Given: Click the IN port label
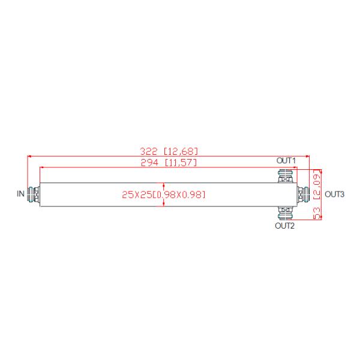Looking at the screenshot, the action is click(x=20, y=194).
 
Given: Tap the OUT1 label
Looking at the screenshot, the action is click(x=286, y=160).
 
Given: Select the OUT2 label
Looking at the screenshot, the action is click(x=284, y=226).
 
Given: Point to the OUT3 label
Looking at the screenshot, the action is click(x=335, y=194).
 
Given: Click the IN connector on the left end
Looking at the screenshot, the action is click(x=34, y=194).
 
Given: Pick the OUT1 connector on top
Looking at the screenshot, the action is click(x=286, y=176).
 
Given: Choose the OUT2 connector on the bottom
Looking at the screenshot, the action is click(x=285, y=213).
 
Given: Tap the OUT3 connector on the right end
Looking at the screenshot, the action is click(x=303, y=194).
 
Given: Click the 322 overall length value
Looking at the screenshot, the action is click(x=149, y=152).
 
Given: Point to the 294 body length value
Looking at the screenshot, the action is click(x=149, y=163).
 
